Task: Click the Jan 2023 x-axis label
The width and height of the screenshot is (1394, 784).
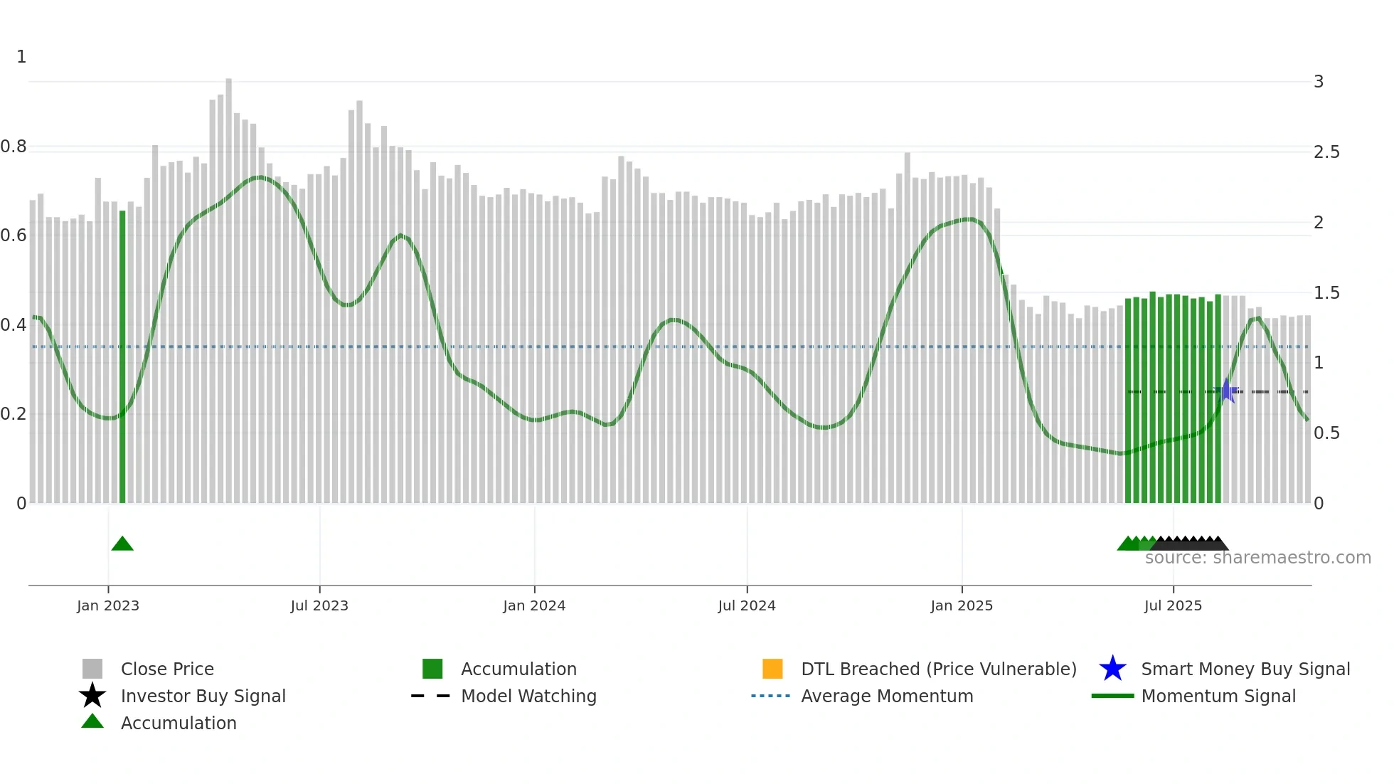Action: click(108, 605)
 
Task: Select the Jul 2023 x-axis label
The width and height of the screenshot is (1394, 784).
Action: click(319, 605)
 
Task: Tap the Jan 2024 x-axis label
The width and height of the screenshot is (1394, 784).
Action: click(534, 605)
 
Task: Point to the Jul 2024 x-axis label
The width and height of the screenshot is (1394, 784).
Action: click(747, 605)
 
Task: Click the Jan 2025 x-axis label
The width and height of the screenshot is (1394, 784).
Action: click(962, 605)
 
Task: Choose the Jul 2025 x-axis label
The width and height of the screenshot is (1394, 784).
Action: click(1173, 605)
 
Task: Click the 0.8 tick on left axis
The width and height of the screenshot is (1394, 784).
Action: click(14, 147)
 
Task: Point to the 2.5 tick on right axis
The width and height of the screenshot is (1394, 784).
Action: click(1326, 152)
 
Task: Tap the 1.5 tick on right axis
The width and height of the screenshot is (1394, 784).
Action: click(1326, 293)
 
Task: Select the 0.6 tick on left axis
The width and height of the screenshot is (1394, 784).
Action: click(14, 235)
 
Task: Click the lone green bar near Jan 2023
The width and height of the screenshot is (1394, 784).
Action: click(122, 356)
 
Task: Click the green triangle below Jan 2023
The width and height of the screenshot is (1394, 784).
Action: click(122, 544)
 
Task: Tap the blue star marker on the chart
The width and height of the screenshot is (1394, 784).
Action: click(1227, 391)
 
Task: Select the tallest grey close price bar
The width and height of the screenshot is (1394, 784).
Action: click(229, 285)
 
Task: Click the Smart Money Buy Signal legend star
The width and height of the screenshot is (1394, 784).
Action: click(1112, 669)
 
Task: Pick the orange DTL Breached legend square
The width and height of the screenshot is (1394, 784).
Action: click(772, 669)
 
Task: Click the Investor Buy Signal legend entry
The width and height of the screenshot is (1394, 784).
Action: click(203, 696)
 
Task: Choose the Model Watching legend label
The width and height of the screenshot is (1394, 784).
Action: click(528, 696)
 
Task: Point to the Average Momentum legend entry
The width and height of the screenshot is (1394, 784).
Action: click(886, 696)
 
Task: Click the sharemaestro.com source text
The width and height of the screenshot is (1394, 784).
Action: click(1257, 558)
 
